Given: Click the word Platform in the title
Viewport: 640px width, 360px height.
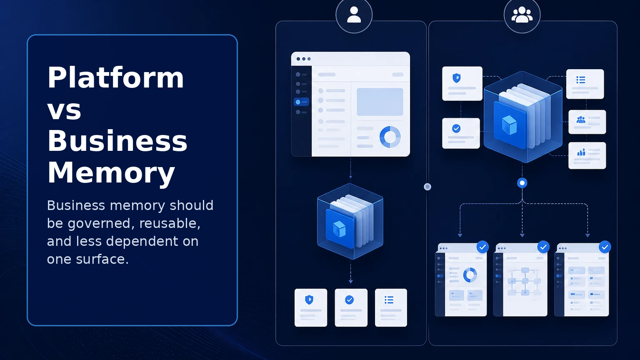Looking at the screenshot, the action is click(116, 78).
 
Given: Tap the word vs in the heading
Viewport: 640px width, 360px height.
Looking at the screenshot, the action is click(64, 110).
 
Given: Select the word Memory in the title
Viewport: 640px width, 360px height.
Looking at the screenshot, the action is click(111, 173).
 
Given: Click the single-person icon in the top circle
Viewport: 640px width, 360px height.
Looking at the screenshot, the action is click(354, 15).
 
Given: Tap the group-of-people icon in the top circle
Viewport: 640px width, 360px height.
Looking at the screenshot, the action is click(522, 15).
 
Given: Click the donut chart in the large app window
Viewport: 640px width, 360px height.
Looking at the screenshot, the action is click(390, 137).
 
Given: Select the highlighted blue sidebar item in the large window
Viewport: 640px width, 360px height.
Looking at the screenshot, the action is click(301, 102).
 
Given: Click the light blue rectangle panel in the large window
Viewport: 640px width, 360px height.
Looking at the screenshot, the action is click(380, 102).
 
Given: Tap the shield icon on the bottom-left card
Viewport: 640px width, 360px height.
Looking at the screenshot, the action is click(309, 300).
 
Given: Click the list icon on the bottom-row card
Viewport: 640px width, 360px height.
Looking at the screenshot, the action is click(389, 300).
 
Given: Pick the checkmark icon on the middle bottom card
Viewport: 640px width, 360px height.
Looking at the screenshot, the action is click(350, 300).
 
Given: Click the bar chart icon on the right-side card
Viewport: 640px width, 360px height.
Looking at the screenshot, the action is click(581, 152).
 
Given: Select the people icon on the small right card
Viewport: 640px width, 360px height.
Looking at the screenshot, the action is click(581, 120).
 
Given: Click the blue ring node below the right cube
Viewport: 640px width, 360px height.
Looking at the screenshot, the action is click(522, 183).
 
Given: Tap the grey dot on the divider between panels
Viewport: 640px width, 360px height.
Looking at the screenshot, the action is click(427, 187).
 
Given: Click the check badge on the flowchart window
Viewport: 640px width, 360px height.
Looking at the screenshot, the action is click(543, 247).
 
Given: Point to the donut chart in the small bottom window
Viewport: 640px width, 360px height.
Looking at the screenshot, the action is click(470, 275).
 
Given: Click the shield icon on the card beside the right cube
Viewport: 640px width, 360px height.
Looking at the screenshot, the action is click(457, 78).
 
